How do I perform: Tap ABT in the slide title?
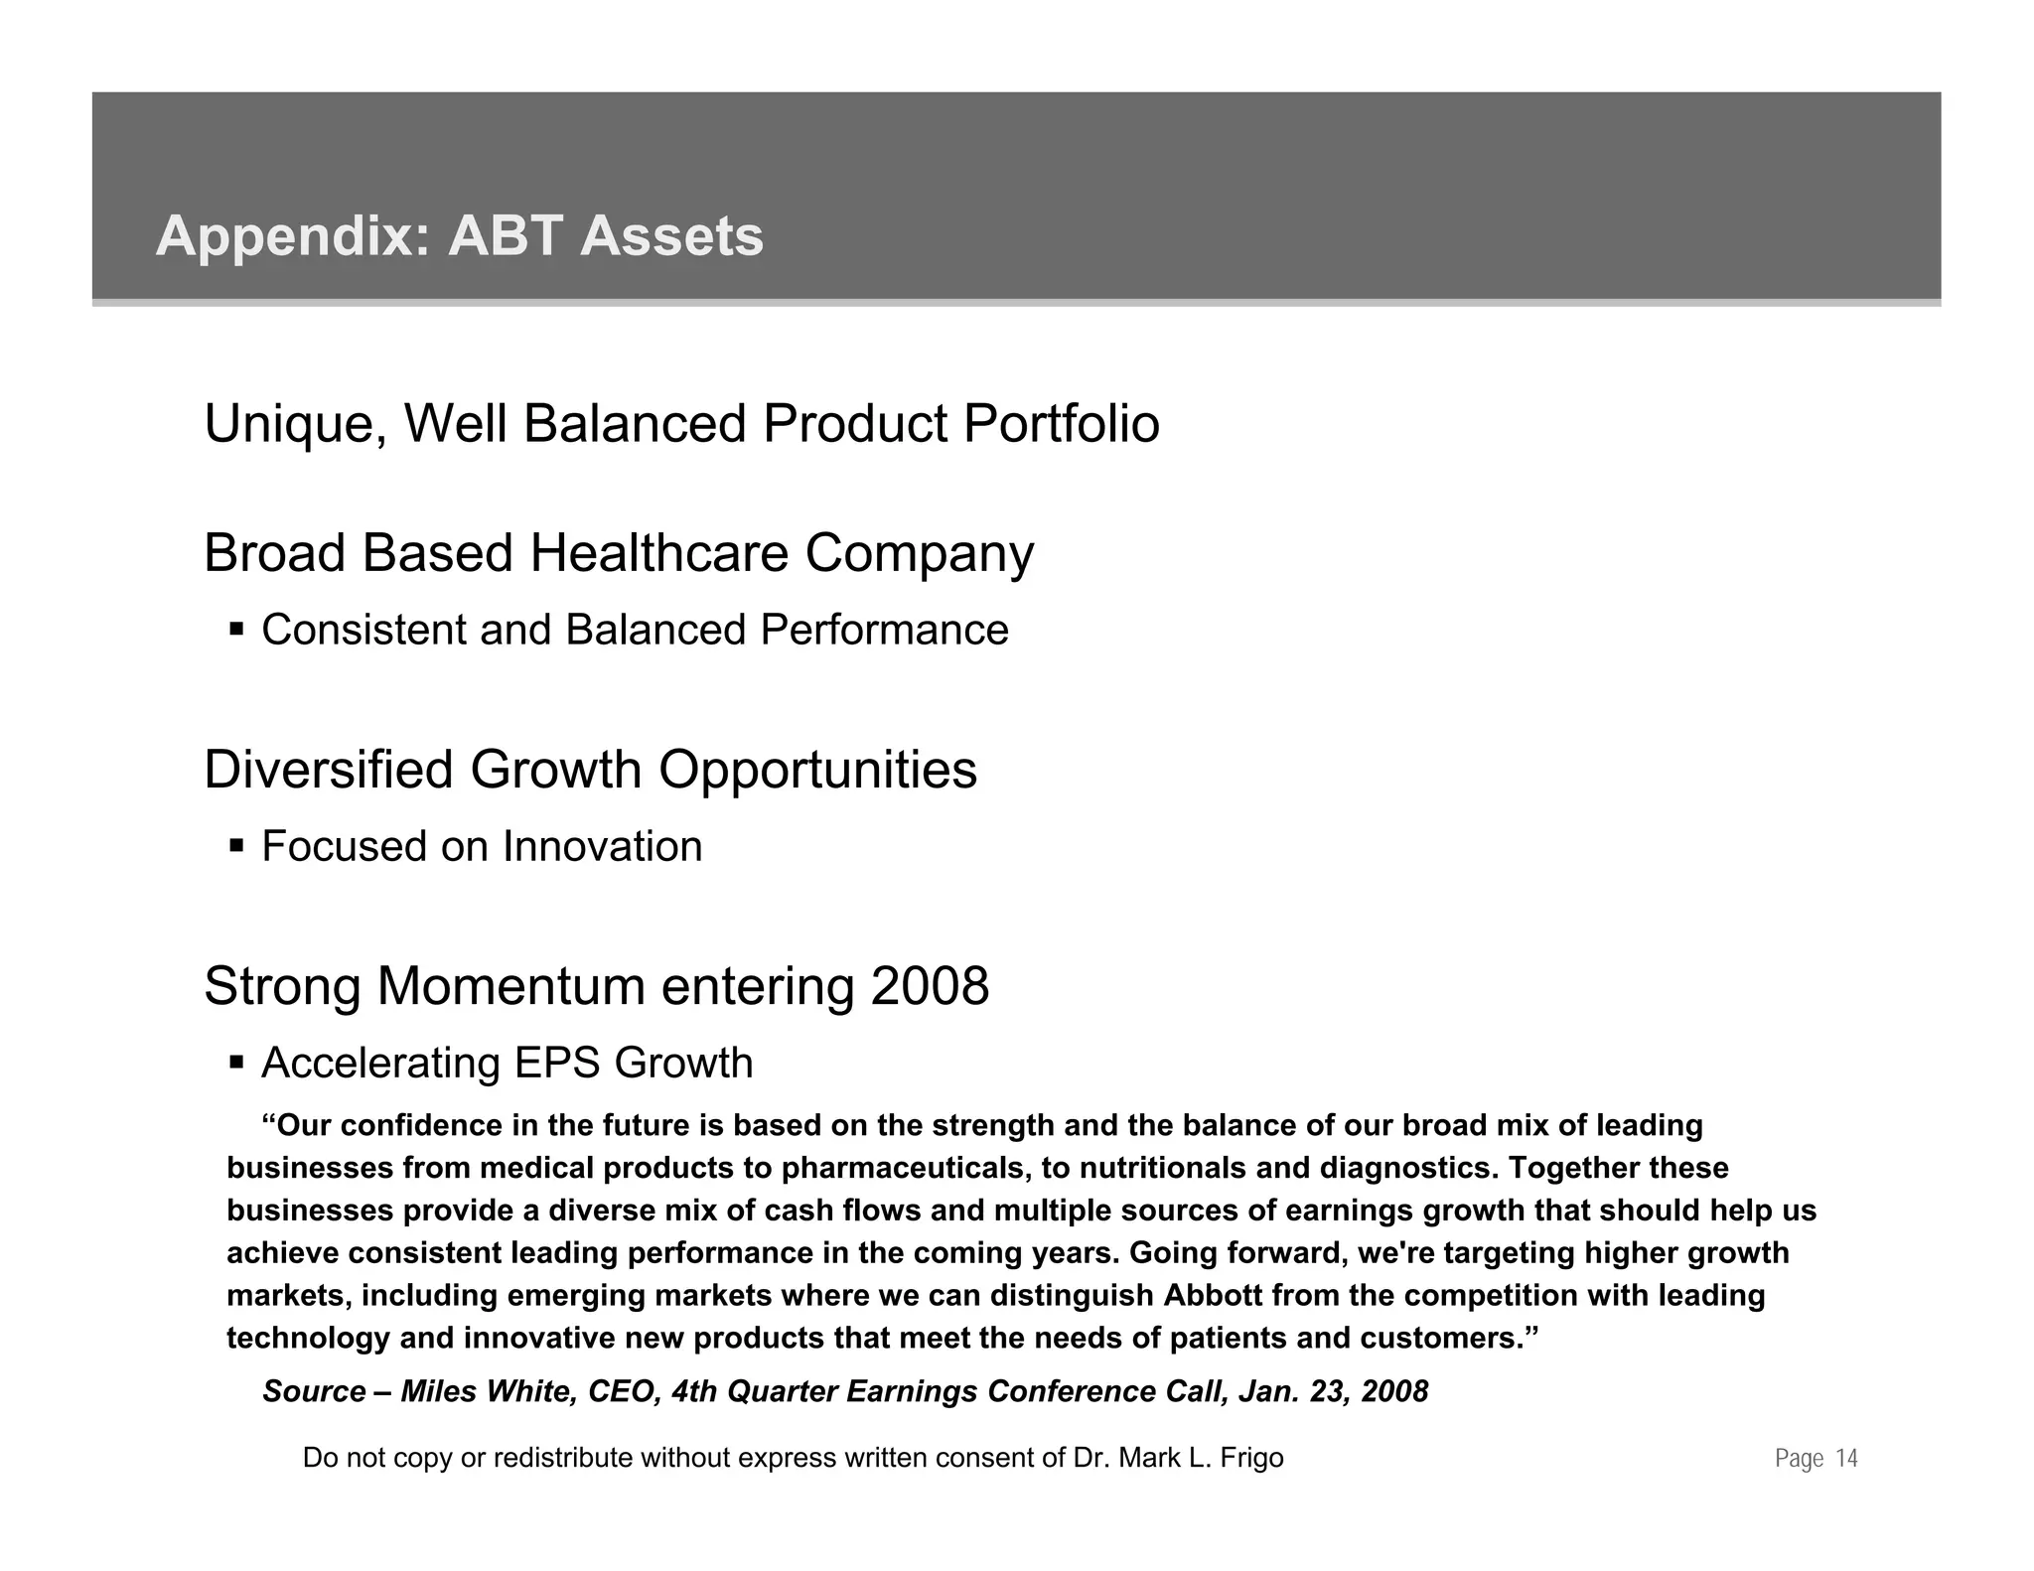click(506, 236)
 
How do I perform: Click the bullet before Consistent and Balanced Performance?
click(236, 630)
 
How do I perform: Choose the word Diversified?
click(328, 770)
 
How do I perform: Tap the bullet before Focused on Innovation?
click(236, 846)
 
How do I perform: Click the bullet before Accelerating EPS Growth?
click(236, 1063)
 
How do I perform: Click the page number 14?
click(1846, 1459)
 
